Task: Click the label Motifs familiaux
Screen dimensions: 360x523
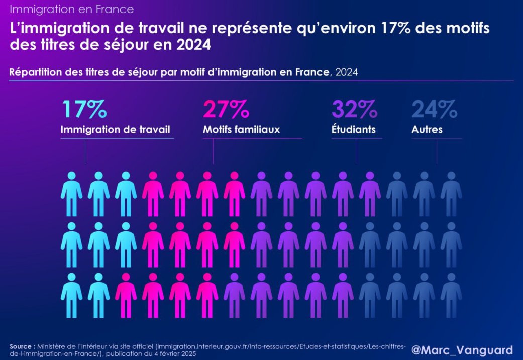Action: (241, 129)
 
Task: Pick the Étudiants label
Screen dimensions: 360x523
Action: (353, 129)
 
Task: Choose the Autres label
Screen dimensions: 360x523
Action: (427, 129)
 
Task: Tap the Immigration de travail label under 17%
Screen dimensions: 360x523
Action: (116, 129)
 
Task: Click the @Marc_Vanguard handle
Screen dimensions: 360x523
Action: (462, 349)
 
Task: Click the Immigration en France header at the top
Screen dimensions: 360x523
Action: (72, 9)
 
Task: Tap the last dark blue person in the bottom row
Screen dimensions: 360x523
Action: (451, 296)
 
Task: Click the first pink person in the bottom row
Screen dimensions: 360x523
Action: (126, 296)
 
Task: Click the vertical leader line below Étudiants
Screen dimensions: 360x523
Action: (357, 151)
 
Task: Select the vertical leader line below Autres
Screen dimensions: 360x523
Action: (437, 151)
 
